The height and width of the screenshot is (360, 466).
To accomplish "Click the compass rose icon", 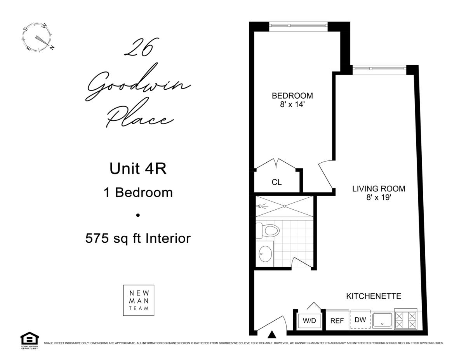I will (x=37, y=38).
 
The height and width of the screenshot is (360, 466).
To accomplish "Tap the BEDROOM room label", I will (x=292, y=96).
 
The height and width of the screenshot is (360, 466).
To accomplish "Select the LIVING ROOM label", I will (x=379, y=189).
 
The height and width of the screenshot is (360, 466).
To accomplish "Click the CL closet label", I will (x=276, y=182).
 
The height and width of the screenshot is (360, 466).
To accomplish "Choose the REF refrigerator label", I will (x=337, y=321).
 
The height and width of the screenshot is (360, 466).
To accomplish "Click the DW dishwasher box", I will (x=360, y=320).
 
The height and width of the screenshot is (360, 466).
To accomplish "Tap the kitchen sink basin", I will (x=383, y=320).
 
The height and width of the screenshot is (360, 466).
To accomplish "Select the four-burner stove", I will (x=405, y=320).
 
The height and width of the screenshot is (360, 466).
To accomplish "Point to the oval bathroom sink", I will (x=266, y=253).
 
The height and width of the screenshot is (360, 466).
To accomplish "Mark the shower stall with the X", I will (x=284, y=206).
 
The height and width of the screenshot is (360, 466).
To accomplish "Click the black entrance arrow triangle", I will (x=272, y=334).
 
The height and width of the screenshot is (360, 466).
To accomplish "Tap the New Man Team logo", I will (x=138, y=300).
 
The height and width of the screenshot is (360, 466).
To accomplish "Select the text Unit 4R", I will (x=138, y=169).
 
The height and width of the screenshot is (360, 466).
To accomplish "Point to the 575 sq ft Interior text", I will (x=138, y=238).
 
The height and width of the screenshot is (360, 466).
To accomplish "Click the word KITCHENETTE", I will (x=373, y=296).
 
